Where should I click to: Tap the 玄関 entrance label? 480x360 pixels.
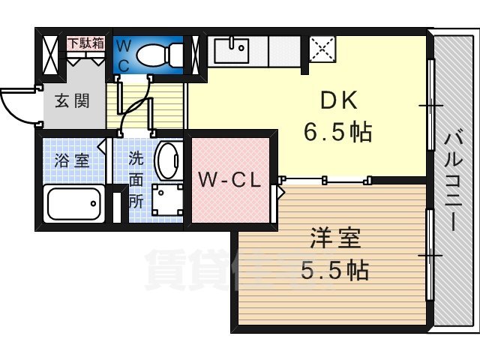click(72, 100)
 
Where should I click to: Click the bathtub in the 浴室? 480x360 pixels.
click(73, 204)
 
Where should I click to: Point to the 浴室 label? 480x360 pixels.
click(71, 160)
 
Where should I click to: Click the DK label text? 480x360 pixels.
click(337, 101)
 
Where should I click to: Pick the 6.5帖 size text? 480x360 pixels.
click(337, 133)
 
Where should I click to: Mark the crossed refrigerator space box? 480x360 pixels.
click(322, 50)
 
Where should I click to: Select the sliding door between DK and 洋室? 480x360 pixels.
click(326, 179)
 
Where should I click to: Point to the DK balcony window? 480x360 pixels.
click(430, 105)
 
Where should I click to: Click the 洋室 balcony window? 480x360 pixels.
click(430, 255)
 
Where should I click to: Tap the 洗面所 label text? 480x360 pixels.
click(136, 179)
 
